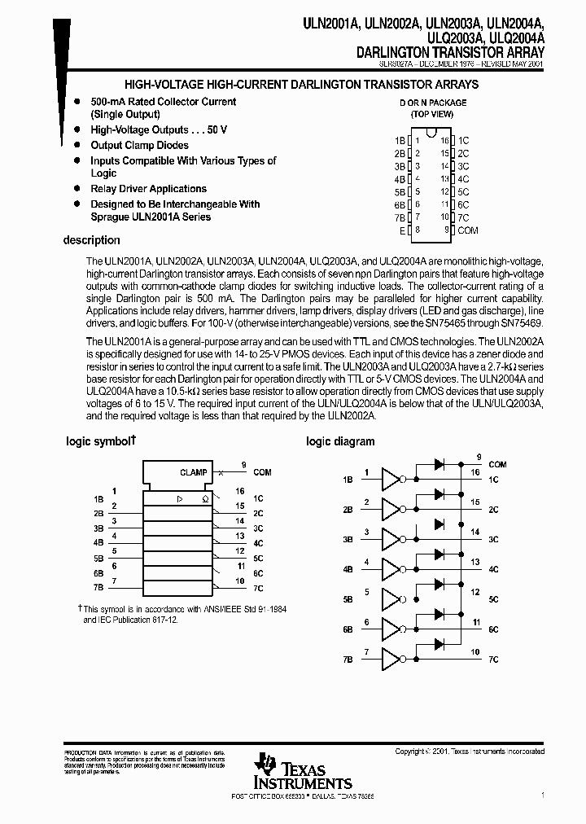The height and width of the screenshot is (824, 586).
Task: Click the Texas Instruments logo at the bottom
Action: point(291,770)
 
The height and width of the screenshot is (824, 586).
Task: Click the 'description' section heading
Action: point(91,240)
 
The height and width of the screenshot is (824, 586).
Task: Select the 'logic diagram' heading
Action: point(340,441)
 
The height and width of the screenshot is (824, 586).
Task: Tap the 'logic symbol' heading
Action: point(100,441)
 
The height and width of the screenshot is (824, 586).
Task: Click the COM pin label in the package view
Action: point(468,230)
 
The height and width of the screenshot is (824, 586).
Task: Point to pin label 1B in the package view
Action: point(399,140)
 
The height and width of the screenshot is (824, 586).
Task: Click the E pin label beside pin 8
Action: point(401,230)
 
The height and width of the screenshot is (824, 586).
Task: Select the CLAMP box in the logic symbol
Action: point(193,472)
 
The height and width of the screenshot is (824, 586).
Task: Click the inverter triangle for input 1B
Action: point(391,480)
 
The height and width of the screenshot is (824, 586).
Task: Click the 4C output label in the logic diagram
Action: point(494,569)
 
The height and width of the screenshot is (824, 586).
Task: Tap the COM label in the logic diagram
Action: point(496,465)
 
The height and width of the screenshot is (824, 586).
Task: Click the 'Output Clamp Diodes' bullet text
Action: point(139,145)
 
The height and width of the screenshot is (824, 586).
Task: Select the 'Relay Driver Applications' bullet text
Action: point(148,189)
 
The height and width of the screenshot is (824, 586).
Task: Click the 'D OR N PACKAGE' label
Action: point(432,103)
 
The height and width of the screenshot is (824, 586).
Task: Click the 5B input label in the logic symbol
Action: point(98,558)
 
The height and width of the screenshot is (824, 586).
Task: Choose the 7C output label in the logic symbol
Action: point(258,588)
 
